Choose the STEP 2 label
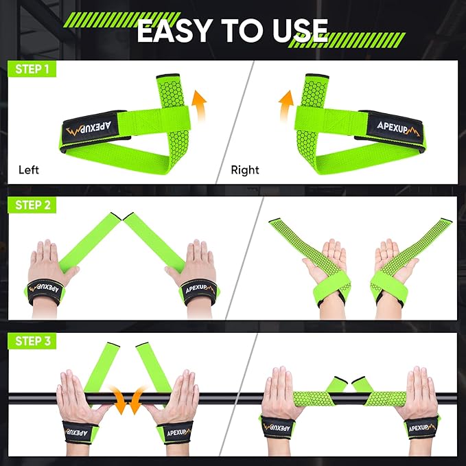tap(32, 205)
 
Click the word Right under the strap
tap(245, 170)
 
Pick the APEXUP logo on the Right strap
tap(393, 125)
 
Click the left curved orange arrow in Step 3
tap(121, 400)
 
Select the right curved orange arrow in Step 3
tap(138, 400)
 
